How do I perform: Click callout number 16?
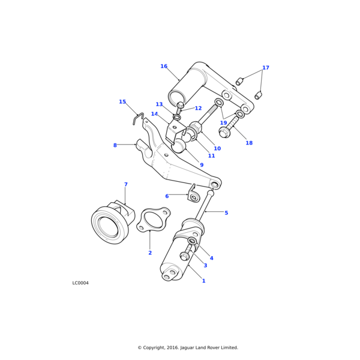coord(164,67)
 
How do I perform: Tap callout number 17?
coord(266,68)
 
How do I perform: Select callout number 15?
coord(122,102)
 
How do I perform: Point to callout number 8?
coord(115,145)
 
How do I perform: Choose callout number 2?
coord(150,253)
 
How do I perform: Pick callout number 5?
coord(226,213)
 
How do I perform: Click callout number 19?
coord(223,123)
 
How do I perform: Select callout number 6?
coord(167,196)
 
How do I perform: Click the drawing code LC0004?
coord(80,283)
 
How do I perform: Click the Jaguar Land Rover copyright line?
coord(188,347)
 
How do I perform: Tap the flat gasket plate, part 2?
coord(154,220)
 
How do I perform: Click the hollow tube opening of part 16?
coord(178,98)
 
